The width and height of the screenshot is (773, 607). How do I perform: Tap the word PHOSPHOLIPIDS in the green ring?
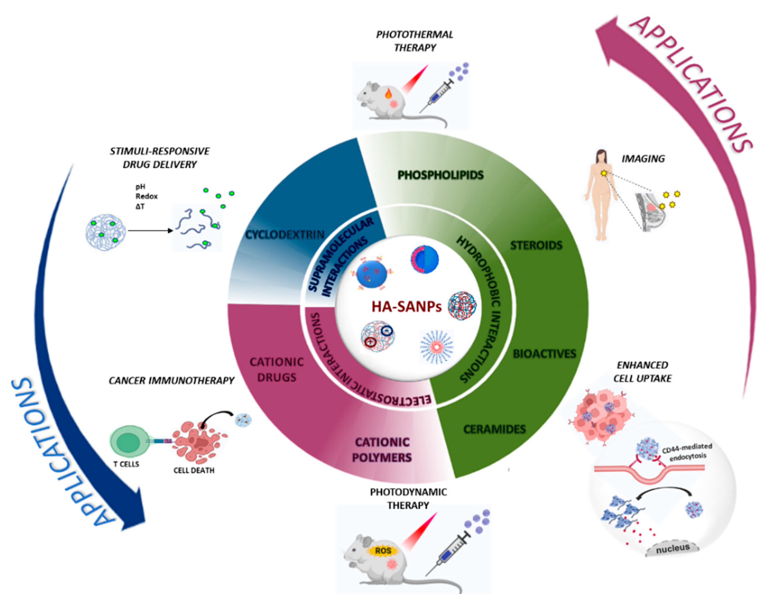441,175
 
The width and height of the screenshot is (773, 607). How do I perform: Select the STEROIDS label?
536,245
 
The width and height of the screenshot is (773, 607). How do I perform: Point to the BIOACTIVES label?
544,354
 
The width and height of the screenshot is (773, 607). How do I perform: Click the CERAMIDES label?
494,429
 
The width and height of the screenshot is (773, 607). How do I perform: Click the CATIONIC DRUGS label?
276,370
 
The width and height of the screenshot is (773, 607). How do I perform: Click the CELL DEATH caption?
194,470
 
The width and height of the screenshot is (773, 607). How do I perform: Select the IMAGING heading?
643,158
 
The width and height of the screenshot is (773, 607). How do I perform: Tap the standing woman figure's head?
601,155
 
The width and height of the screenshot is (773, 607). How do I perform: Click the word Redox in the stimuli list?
146,196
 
